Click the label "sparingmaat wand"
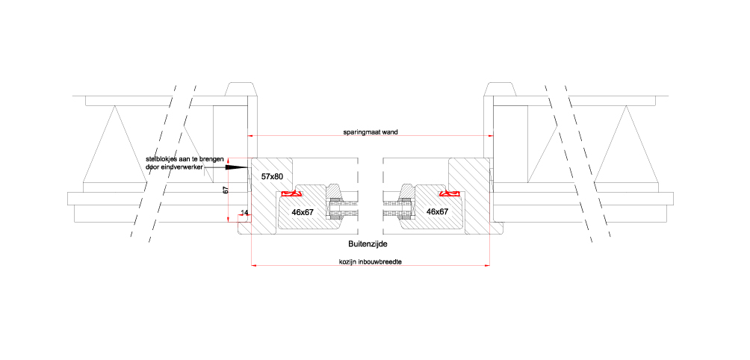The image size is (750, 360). click(371, 132)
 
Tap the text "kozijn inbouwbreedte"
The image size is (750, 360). click(371, 261)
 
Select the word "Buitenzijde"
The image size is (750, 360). click(368, 244)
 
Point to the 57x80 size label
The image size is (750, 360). click(272, 176)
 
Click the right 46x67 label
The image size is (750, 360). click(437, 211)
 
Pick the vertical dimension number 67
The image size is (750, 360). click(226, 190)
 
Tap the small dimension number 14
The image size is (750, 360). click(245, 212)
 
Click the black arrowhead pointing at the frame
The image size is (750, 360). click(237, 168)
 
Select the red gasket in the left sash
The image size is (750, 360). click(291, 193)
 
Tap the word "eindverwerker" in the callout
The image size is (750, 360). click(184, 167)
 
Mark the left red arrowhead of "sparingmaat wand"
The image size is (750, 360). click(250, 136)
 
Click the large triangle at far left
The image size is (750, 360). click(114, 153)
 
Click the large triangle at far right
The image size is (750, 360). click(626, 153)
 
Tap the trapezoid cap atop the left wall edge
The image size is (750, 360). click(241, 90)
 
